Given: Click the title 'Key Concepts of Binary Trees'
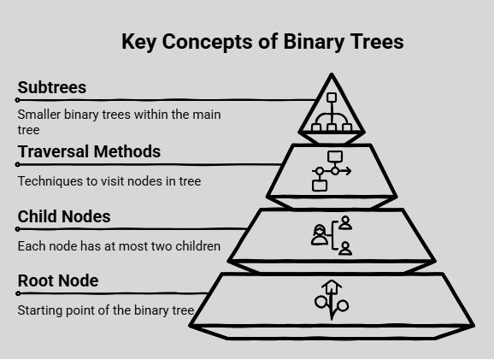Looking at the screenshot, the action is (262, 42).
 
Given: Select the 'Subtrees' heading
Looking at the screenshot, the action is (52, 87).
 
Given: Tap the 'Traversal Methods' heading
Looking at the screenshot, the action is (89, 151).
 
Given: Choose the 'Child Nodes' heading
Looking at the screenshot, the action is (64, 216).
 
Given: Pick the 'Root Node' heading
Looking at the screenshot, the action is (58, 280).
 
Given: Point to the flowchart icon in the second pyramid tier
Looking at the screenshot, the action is (332, 171).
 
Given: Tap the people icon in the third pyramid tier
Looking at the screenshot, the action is (332, 235).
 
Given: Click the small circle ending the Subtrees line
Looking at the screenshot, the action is (18, 100).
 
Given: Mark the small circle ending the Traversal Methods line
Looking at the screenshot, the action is (18, 164).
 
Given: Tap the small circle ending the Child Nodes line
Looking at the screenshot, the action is (18, 229).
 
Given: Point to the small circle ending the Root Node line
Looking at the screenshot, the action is (18, 293).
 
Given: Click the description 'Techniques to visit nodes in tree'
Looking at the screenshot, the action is (109, 181).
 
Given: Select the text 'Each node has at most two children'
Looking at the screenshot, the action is (119, 246).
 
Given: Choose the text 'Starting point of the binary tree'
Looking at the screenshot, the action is (106, 310).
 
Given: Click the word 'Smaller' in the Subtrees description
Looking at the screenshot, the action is (38, 115).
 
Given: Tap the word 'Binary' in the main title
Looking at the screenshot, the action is (314, 42).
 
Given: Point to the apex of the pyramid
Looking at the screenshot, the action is (332, 74).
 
